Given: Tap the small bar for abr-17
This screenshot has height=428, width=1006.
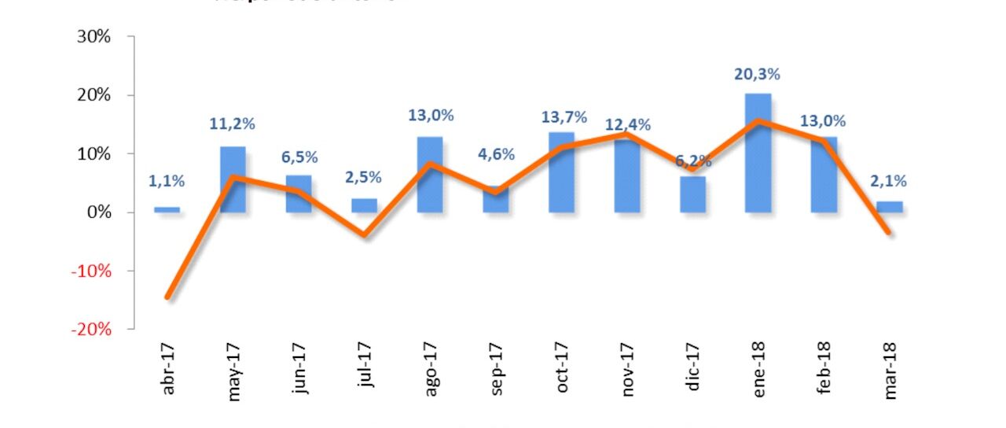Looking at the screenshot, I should pos(167,210).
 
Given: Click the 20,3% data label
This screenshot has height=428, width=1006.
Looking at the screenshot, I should pos(757,75).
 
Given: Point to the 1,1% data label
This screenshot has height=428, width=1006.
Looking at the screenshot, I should pos(167,182).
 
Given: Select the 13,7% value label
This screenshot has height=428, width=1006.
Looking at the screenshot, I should pos(564,117).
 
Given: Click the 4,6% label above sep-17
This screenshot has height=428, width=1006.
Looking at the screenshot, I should pos(495,154).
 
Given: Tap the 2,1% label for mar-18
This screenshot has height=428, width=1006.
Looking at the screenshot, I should pos(889,182).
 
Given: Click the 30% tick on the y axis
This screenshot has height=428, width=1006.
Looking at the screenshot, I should pos(94,37).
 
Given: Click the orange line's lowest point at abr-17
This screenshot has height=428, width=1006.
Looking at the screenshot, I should pos(167,297).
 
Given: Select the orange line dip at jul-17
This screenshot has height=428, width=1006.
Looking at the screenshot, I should pos(364,234).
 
